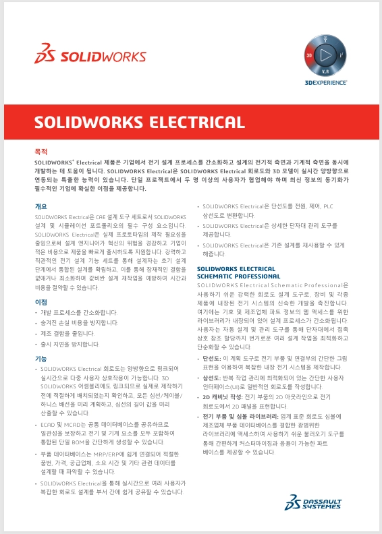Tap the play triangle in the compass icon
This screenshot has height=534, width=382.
pos(325,53)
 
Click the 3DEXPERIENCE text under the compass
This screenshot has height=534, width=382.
pos(325,83)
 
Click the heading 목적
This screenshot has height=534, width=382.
pos(41,152)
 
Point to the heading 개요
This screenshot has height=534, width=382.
pos(41,206)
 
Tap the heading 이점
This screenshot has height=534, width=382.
pos(41,302)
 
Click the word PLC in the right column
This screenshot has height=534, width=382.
pos(328,206)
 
